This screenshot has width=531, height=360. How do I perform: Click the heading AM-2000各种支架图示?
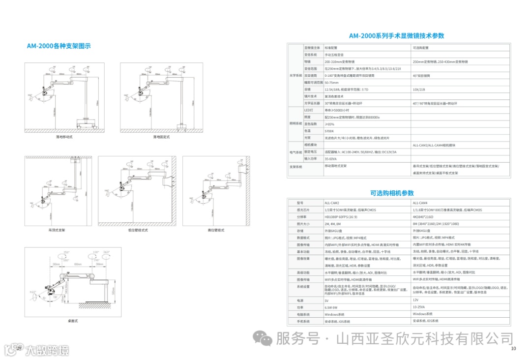pos(59,46)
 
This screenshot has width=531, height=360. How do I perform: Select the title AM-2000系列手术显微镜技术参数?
pos(396,36)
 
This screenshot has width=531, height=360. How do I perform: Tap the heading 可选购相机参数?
pos(392,193)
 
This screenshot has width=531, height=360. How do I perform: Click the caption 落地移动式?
pos(64,137)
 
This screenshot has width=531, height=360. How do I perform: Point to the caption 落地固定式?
pos(161,137)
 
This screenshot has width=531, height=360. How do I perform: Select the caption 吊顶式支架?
pos(57,230)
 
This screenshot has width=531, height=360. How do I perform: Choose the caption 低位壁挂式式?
pos(138,230)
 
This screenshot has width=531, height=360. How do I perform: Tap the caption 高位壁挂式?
pos(216,230)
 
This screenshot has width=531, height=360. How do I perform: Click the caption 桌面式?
pos(73,321)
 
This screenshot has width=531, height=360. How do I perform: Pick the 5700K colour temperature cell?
pos(329,131)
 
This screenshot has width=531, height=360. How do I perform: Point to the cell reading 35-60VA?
pos(330,159)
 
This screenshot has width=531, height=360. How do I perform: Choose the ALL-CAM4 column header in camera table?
pos(420,203)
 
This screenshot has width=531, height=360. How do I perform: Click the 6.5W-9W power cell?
pos(331,306)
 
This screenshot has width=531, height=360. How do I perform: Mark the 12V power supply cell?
pos(415,300)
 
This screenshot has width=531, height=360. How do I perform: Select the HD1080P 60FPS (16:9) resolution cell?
pos(341,216)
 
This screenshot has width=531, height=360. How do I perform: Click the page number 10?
pos(513,349)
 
